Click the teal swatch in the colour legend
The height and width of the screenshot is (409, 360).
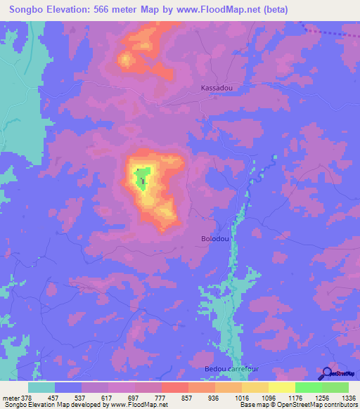41,387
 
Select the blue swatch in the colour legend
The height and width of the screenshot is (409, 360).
68,387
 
